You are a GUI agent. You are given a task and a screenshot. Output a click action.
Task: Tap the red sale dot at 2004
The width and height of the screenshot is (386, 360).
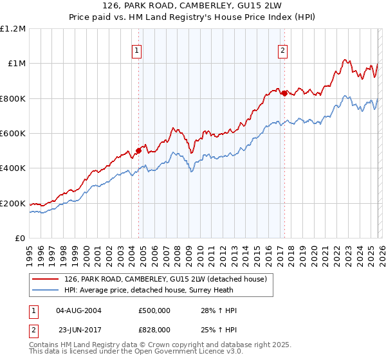[x=138, y=151]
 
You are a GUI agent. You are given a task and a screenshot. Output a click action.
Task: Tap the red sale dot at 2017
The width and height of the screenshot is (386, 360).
[x=284, y=93]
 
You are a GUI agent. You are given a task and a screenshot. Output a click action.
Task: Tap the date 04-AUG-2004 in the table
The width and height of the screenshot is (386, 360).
[x=78, y=310]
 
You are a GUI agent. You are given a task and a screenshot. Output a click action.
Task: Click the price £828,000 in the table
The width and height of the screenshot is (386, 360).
[x=154, y=328]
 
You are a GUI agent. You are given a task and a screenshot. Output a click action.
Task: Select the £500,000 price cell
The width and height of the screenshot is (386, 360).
[x=154, y=310]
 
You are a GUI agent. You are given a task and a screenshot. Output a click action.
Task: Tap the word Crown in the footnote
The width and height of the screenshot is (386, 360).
[x=158, y=346]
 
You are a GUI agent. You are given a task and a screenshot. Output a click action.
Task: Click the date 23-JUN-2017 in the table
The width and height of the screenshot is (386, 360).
[x=78, y=328]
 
